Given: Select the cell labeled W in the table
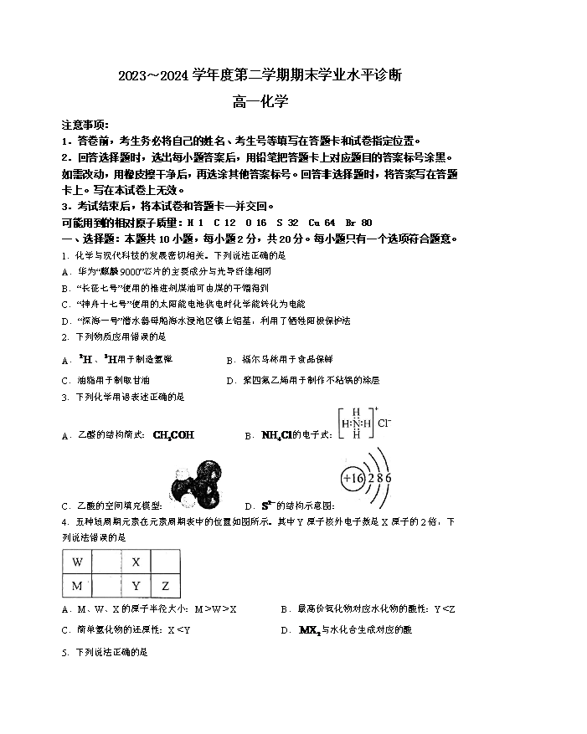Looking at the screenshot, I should (x=78, y=562).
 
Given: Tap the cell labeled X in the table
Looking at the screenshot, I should (x=136, y=562).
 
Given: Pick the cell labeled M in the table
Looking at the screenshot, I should (x=78, y=585).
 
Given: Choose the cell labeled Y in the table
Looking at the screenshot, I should (x=136, y=585).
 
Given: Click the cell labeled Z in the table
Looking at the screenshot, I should (x=165, y=585).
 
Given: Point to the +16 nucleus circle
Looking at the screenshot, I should (x=352, y=478).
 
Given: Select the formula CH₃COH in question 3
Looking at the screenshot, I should (x=173, y=435).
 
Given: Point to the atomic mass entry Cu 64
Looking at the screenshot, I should (x=322, y=223).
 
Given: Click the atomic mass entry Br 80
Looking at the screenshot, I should (x=359, y=223).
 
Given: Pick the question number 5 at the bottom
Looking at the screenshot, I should (x=64, y=651).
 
